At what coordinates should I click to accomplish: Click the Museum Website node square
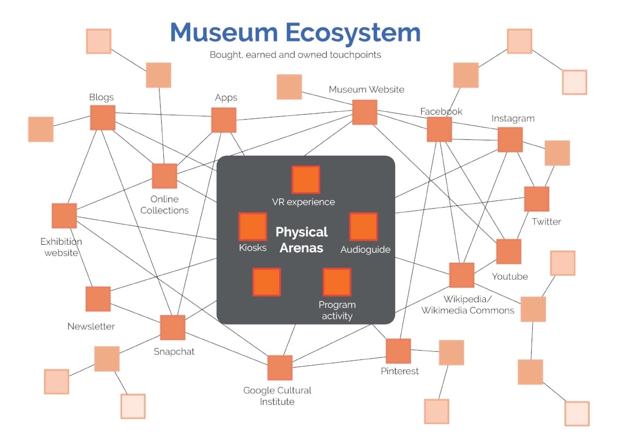[364, 112]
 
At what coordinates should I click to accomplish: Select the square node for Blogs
[103, 117]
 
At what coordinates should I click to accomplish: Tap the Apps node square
[223, 120]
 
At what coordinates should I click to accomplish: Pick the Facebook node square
[439, 129]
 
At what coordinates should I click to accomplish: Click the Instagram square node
[510, 139]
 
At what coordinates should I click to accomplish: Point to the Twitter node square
[537, 199]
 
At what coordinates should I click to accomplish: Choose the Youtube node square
[509, 251]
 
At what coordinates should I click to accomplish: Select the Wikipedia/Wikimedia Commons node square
[462, 275]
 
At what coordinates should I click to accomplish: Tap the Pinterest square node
[398, 351]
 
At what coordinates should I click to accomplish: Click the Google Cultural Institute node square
[280, 368]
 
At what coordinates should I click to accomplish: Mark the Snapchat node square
[173, 327]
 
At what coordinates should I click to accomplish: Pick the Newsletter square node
[98, 299]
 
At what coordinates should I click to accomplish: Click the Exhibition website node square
[64, 215]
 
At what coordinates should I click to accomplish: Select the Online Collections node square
[164, 176]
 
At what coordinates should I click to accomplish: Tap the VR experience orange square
[305, 180]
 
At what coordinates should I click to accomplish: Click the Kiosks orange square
[253, 227]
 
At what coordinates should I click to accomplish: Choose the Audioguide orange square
[363, 227]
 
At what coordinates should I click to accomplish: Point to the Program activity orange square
[337, 282]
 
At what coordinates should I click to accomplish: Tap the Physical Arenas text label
[302, 240]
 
